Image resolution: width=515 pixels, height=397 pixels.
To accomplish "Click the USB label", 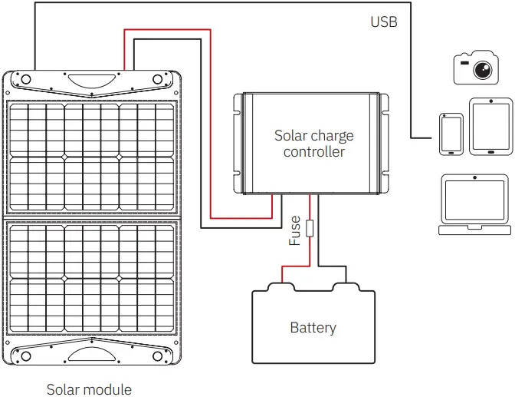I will point(384,22).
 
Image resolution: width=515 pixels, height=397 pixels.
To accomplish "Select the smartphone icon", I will point(451,134).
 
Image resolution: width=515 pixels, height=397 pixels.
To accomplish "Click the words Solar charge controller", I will point(314,144).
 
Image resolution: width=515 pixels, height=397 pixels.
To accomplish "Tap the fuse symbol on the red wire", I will point(310,229).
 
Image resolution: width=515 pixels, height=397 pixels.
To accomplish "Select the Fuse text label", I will point(295,230).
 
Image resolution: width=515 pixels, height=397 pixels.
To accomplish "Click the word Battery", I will point(313,328).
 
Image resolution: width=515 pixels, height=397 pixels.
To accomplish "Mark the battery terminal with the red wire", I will point(279,287).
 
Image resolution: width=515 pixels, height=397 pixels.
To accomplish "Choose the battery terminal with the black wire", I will point(346,287).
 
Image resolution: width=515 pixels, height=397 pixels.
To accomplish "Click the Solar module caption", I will point(89,389).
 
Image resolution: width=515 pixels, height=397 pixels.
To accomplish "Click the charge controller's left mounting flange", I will point(238,144).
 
